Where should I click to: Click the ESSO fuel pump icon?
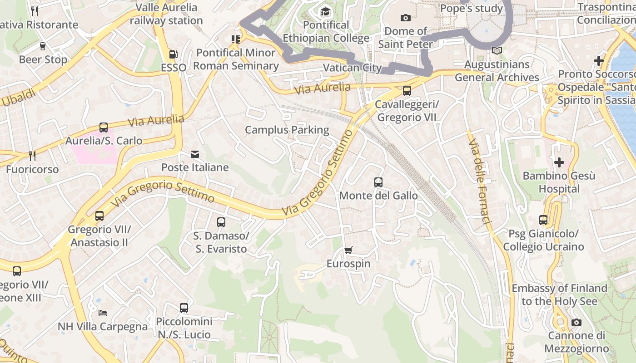(x=173, y=54)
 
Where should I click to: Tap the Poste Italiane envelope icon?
(x=195, y=154)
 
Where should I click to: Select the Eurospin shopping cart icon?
(x=348, y=250)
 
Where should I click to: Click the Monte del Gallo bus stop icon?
(x=378, y=182)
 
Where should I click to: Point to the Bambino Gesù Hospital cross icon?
(x=559, y=162)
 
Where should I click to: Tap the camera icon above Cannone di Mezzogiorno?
(x=576, y=323)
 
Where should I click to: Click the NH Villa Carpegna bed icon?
(x=103, y=313)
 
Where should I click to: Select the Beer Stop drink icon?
(x=43, y=46)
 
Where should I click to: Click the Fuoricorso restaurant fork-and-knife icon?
(x=32, y=156)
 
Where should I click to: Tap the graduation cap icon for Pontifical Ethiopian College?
(x=326, y=12)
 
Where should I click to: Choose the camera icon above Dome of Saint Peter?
(x=405, y=18)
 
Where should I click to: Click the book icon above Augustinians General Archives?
(x=497, y=51)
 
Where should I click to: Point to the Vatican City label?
(x=352, y=68)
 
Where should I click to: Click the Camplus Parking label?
(x=287, y=130)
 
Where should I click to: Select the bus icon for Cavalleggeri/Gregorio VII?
(x=407, y=91)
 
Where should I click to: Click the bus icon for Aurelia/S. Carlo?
(x=104, y=128)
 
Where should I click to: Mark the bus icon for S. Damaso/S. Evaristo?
(x=221, y=222)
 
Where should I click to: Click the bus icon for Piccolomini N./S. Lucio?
(x=184, y=308)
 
